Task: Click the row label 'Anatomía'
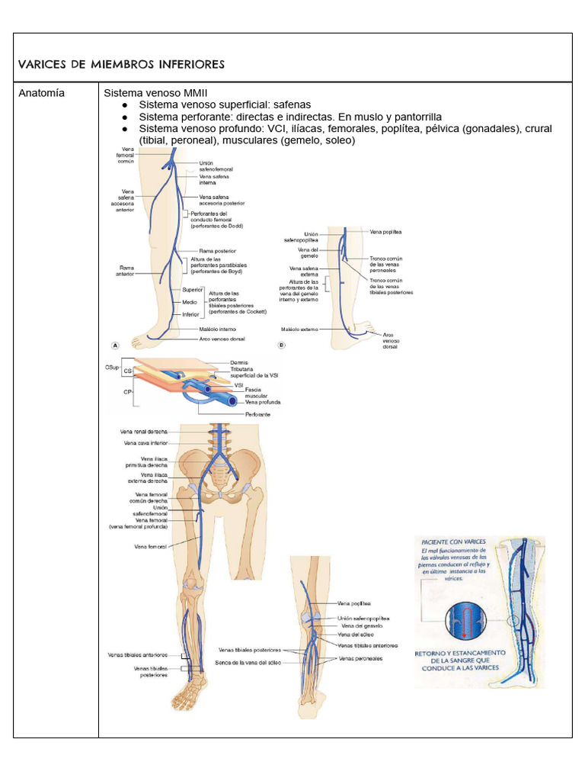click(42, 93)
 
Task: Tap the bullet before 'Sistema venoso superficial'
click(124, 105)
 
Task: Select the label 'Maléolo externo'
click(298, 329)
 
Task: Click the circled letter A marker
click(115, 345)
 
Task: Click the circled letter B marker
click(281, 345)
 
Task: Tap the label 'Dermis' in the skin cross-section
click(238, 362)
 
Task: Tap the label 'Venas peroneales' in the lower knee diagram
click(360, 657)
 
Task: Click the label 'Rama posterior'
click(217, 250)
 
